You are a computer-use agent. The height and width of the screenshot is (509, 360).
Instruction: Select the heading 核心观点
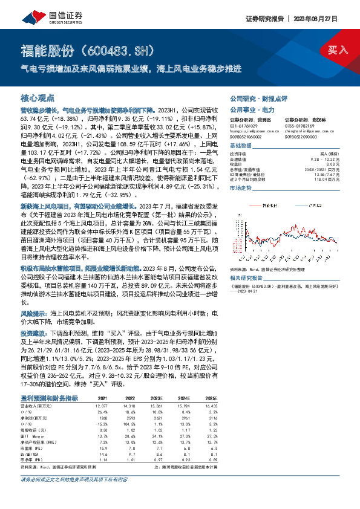38,97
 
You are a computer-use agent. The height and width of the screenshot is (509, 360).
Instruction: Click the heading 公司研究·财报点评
254,97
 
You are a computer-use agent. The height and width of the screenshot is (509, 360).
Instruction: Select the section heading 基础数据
242,147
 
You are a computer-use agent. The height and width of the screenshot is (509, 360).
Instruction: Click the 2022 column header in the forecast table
130,398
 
